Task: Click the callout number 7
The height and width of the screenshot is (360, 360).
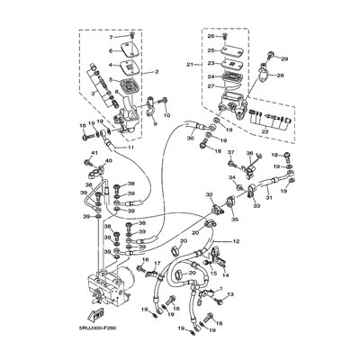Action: click(112, 39)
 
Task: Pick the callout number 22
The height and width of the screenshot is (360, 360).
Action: click(263, 130)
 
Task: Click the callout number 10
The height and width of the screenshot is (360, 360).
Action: click(166, 115)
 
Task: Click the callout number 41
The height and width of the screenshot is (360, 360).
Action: click(93, 154)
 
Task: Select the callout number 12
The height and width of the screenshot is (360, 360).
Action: click(236, 242)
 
